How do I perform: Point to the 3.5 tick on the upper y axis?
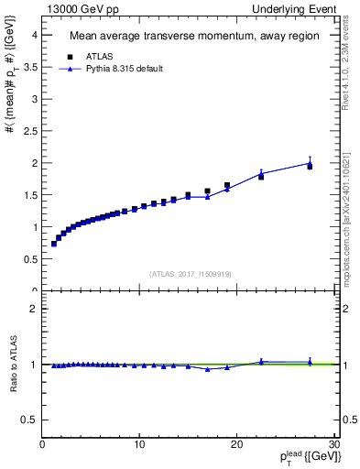click(x=30, y=67)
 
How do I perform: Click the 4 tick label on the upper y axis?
click(x=34, y=35)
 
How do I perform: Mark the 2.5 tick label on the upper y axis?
click(x=30, y=131)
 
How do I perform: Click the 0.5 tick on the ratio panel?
click(x=30, y=420)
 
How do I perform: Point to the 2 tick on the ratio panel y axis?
click(x=34, y=309)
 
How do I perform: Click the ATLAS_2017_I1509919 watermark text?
click(x=189, y=273)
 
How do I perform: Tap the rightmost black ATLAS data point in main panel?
click(x=310, y=166)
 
